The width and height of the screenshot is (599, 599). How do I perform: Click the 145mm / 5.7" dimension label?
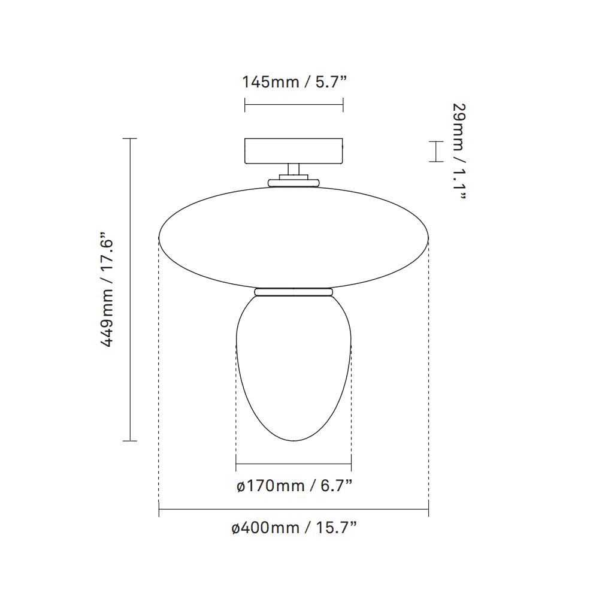[294, 82]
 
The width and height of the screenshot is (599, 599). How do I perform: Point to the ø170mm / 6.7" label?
[294, 486]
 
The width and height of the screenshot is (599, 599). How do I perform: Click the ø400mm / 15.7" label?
[294, 528]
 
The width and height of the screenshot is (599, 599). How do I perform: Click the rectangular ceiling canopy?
[294, 151]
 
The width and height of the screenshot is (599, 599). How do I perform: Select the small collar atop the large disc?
[294, 181]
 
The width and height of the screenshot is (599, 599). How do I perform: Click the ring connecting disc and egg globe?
[294, 292]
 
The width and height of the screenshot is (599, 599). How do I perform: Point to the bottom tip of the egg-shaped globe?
[294, 441]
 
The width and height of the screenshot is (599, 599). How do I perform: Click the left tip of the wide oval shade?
[159, 237]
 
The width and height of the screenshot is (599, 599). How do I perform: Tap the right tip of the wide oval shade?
[428, 237]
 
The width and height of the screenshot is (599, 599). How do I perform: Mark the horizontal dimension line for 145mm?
[294, 106]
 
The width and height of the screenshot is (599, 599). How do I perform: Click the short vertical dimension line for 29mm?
[435, 152]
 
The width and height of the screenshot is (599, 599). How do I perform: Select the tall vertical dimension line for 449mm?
[130, 289]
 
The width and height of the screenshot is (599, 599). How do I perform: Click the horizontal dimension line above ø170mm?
[294, 464]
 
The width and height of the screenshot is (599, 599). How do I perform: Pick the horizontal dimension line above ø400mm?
[294, 510]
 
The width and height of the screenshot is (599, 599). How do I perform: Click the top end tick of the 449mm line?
[130, 138]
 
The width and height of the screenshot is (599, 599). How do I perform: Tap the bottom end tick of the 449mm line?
[130, 441]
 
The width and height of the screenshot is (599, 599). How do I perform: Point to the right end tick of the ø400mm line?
[428, 510]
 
